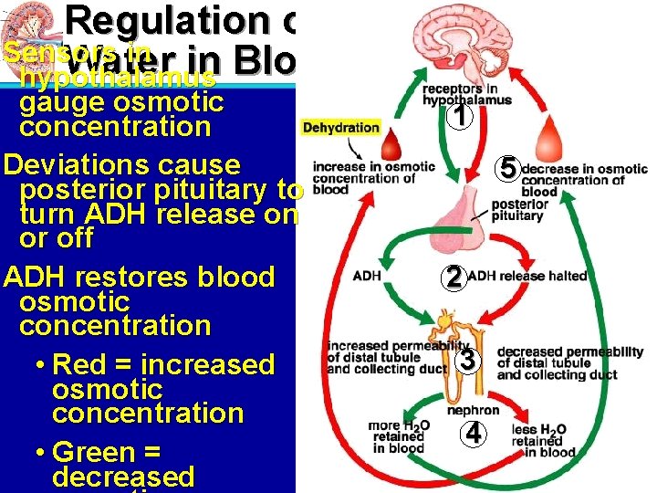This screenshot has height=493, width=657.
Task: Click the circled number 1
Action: click(462, 117)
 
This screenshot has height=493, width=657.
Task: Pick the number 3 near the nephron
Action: click(466, 360)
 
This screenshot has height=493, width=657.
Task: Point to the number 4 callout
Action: click(473, 434)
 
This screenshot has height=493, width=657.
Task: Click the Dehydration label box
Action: click(340, 128)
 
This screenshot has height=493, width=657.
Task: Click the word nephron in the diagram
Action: click(473, 411)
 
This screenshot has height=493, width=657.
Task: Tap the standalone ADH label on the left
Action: click(367, 275)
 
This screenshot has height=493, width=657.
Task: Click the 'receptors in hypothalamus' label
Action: click(467, 95)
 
